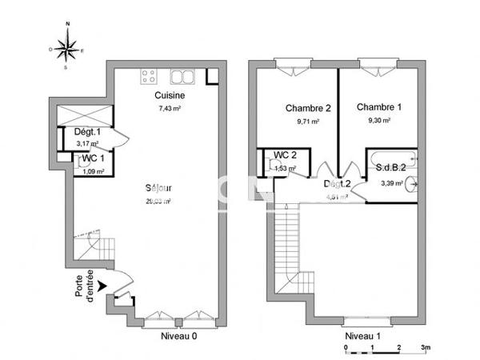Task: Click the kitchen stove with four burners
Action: (150, 77)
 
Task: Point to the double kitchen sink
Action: (182, 77)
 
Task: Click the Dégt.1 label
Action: (87, 132)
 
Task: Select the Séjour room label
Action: (160, 189)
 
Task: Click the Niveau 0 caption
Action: (178, 336)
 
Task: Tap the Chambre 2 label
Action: (308, 108)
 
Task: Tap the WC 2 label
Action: (286, 155)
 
